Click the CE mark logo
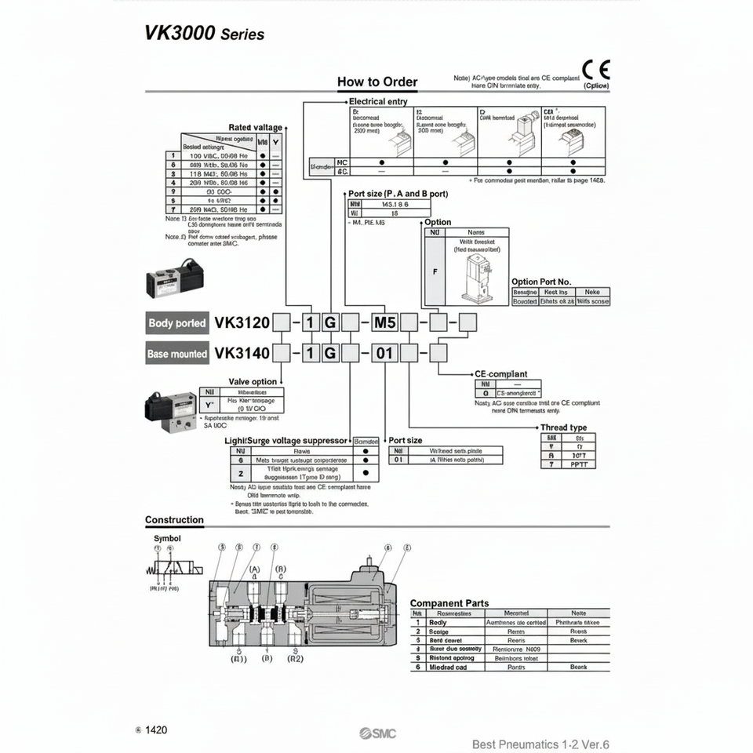point(596,70)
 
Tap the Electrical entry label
point(378,102)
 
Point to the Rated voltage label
point(255,127)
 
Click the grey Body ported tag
point(177,323)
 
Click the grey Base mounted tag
point(177,354)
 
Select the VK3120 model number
point(242,323)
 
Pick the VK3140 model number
point(242,354)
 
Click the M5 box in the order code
point(384,323)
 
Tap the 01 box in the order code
point(384,354)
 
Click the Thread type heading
point(563,427)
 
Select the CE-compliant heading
point(501,374)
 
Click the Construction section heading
point(174,520)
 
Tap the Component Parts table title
point(449,603)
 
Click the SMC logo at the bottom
point(378,733)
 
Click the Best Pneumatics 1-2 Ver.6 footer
point(540,744)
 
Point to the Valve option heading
point(253,382)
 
